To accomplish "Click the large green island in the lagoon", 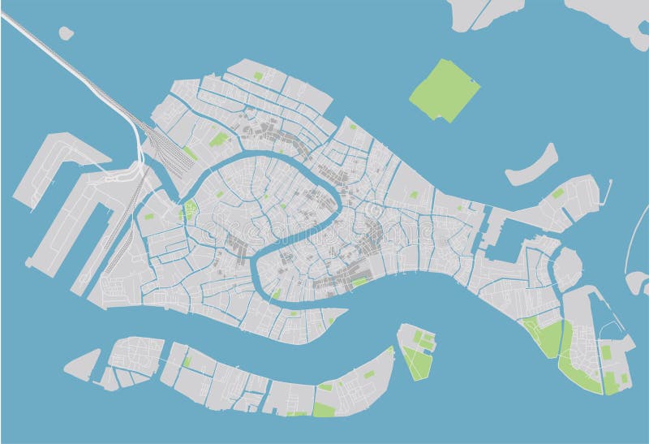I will click(445, 89).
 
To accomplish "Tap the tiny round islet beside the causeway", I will click(66, 33).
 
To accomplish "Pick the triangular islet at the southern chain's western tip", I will click(82, 366).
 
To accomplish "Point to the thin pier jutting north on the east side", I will click(608, 192).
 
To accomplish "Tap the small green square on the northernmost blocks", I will click(258, 75).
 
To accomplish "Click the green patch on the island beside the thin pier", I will click(558, 193).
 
